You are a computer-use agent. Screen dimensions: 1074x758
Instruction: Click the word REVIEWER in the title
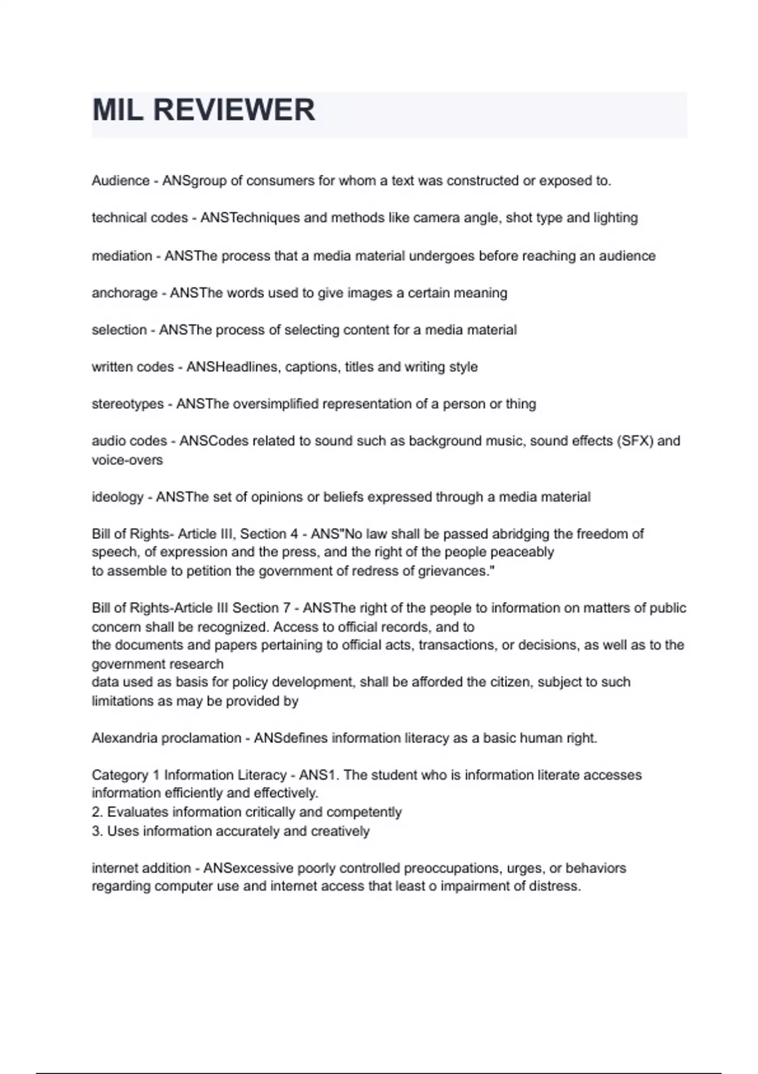coord(234,110)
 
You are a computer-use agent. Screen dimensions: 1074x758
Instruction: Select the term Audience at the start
coord(120,181)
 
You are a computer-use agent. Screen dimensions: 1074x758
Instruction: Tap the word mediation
coord(122,256)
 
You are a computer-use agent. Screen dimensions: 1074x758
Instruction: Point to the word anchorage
coord(124,293)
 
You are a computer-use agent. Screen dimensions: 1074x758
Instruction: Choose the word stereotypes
coord(128,404)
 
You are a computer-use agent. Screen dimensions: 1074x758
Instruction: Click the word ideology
coord(117,497)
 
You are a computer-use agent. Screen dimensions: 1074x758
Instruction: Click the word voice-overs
coord(127,460)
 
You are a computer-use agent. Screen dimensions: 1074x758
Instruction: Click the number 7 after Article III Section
coord(287,608)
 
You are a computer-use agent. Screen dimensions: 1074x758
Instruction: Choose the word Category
coord(120,775)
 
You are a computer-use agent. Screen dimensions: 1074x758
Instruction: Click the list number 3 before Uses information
coord(96,831)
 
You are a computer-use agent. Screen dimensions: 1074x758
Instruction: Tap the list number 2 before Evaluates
coord(96,812)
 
